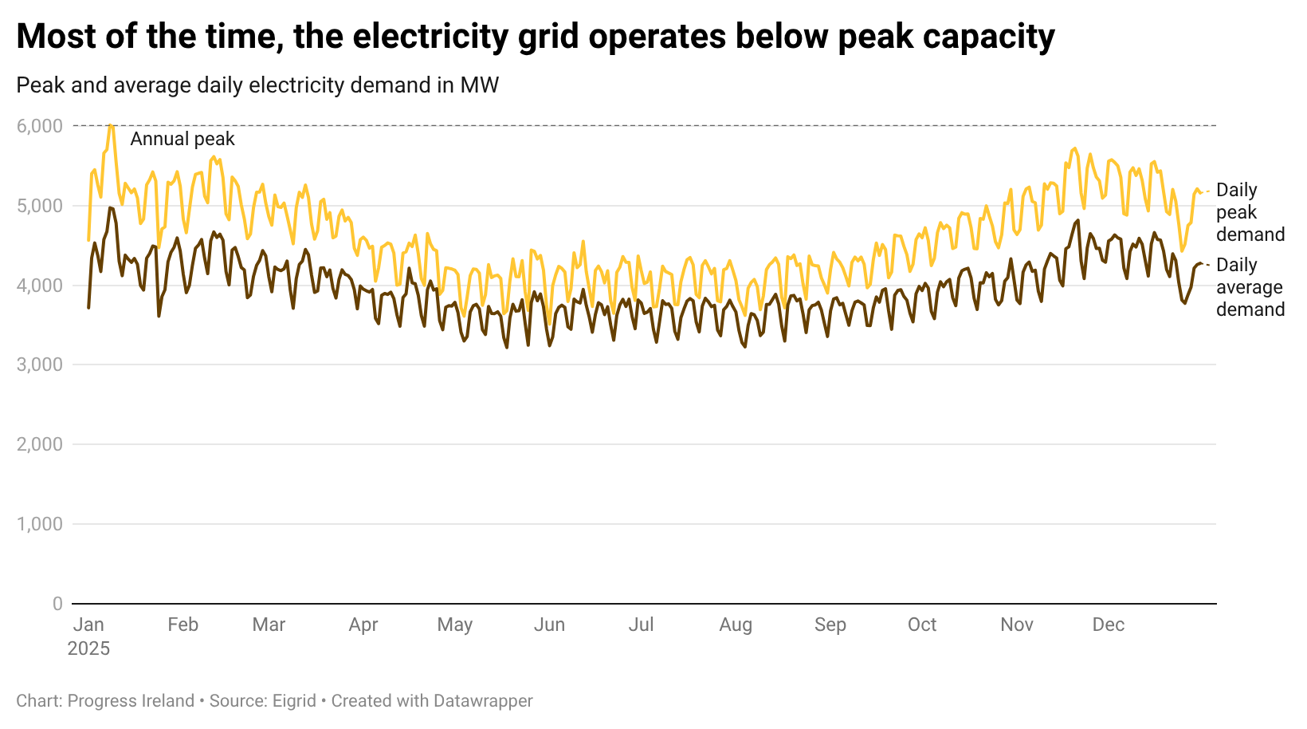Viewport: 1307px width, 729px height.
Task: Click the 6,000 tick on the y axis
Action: [39, 126]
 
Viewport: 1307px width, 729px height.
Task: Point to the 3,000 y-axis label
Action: [39, 365]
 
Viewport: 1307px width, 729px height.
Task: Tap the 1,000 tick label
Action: [39, 524]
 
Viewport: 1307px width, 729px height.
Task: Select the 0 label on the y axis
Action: [57, 604]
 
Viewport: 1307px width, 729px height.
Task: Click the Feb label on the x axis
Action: [183, 625]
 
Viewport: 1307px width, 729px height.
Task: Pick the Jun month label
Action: [549, 625]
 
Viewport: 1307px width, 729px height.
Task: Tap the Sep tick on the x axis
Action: [830, 625]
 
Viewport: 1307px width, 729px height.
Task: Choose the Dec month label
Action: [1108, 625]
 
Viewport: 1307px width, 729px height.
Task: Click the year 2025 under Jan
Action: [88, 648]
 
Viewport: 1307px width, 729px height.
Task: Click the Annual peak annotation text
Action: [182, 139]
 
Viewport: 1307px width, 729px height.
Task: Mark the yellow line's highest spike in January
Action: [110, 125]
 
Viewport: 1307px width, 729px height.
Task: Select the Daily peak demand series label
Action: [1250, 213]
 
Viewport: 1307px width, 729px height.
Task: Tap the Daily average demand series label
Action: [1250, 287]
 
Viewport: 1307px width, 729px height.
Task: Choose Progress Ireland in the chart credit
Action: [131, 701]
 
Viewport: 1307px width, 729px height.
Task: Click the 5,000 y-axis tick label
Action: [39, 207]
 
